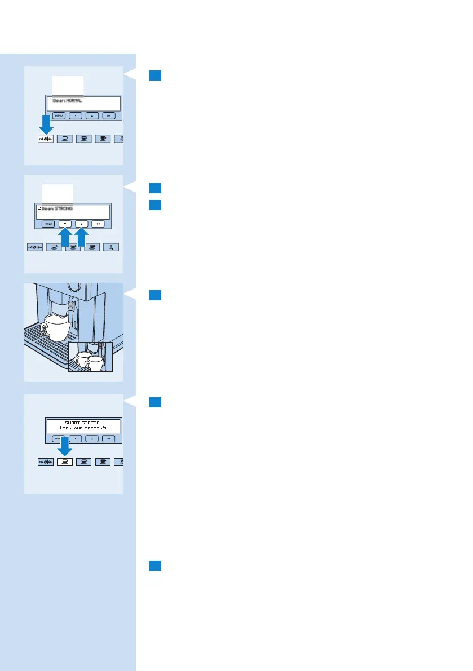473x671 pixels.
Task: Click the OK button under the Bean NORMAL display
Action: click(109, 115)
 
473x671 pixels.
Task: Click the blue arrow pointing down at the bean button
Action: click(46, 125)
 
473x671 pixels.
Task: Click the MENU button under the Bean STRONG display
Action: click(48, 224)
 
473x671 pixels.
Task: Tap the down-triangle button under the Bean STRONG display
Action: click(65, 224)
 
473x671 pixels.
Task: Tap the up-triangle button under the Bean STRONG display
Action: click(81, 224)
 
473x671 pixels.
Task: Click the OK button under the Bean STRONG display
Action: click(98, 224)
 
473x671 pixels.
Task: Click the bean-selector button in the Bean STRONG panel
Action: click(35, 247)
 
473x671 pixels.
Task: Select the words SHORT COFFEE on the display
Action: click(83, 423)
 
